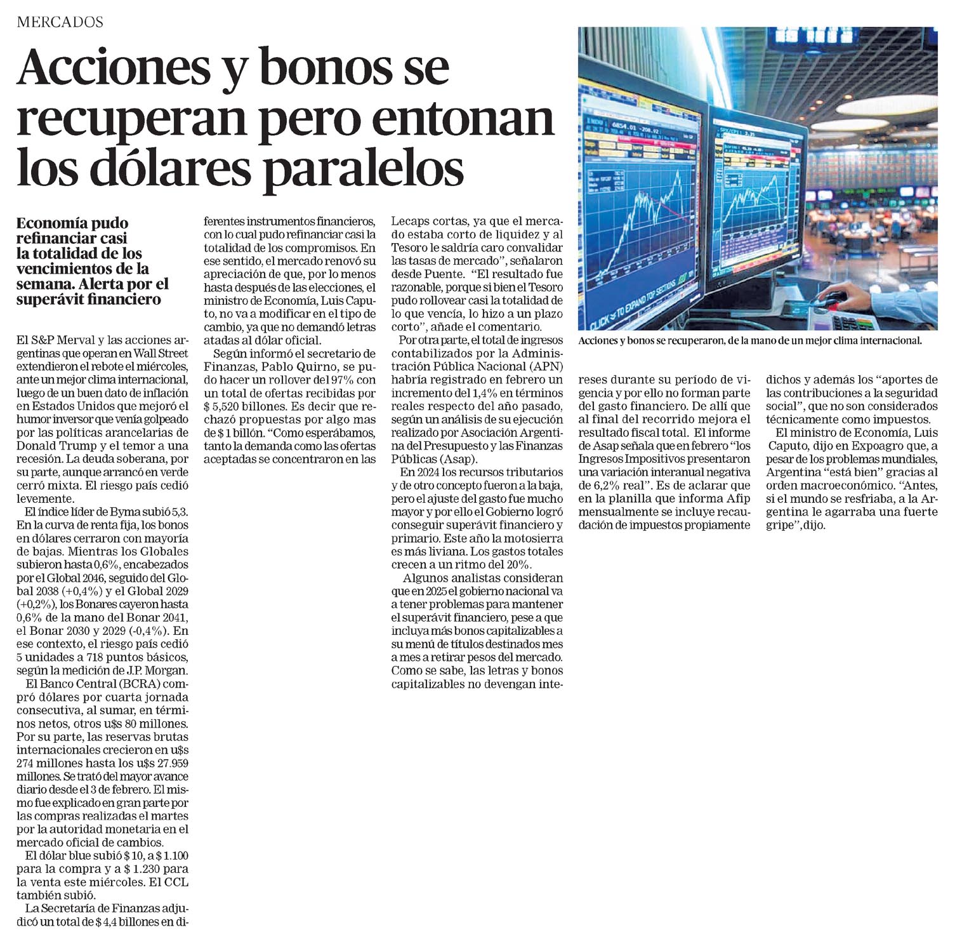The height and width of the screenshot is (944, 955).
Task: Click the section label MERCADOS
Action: (60, 22)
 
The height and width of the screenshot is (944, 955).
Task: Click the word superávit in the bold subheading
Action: (48, 299)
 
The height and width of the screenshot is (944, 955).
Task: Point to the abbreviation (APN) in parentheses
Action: (546, 366)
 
